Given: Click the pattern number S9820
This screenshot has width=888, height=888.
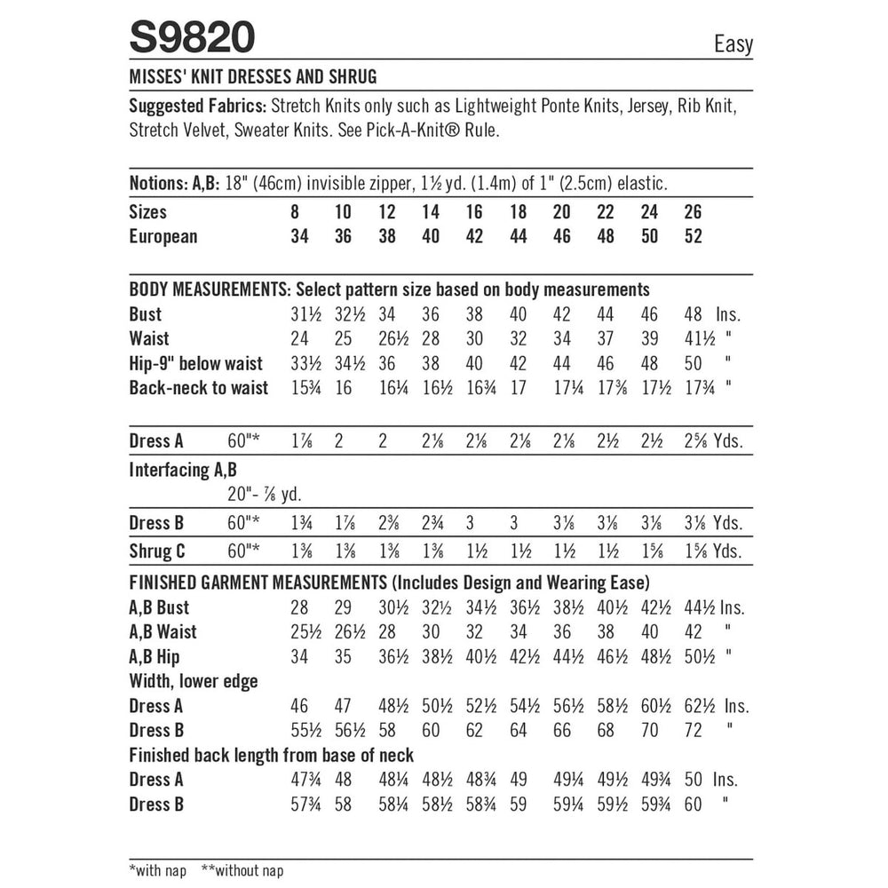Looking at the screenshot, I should point(193,38).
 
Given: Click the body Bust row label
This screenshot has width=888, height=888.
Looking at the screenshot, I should point(146,314).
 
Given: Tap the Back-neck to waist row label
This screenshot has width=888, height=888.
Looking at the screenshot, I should point(198,388).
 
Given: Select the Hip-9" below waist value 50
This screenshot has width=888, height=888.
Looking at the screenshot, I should point(693,363).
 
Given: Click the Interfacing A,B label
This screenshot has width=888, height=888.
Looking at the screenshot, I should point(184,470).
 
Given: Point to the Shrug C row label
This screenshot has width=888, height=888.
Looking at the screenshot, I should point(157,551).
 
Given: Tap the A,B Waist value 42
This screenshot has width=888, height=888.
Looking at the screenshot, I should point(693,632).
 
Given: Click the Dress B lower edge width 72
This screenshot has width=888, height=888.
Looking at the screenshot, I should point(693,731).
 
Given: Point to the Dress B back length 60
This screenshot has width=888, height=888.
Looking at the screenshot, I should point(693,805).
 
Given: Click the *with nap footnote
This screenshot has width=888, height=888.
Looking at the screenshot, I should point(158,871).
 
